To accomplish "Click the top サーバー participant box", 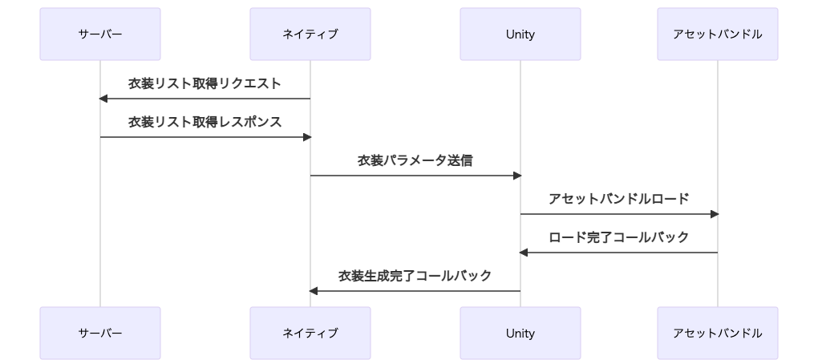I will coord(100,34).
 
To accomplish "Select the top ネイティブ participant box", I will coord(310,34).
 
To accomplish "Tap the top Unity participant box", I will coord(520,34).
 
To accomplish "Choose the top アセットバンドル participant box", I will coord(718,34).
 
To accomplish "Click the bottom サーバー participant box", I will coord(100,333).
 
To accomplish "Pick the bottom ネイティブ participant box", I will coord(310,333).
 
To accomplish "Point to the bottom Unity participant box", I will coord(520,333).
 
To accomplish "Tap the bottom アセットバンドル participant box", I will coord(718,333).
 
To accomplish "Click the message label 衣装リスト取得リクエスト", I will coord(205,83).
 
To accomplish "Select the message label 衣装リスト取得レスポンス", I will coord(205,122).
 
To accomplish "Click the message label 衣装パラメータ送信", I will coord(415,160).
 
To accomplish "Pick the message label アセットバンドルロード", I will coord(619,199).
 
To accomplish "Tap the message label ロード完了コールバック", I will coord(619,237).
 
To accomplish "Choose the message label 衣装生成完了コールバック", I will coord(415,276).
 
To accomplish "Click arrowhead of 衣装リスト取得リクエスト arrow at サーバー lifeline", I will coord(103,99).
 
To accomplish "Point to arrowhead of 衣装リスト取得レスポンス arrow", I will coord(307,137).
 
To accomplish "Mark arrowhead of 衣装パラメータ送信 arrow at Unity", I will coord(517,176).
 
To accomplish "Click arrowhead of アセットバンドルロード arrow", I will coord(715,214).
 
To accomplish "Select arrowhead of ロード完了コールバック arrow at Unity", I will coord(524,253).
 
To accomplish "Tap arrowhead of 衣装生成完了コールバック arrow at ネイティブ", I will coord(314,291).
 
